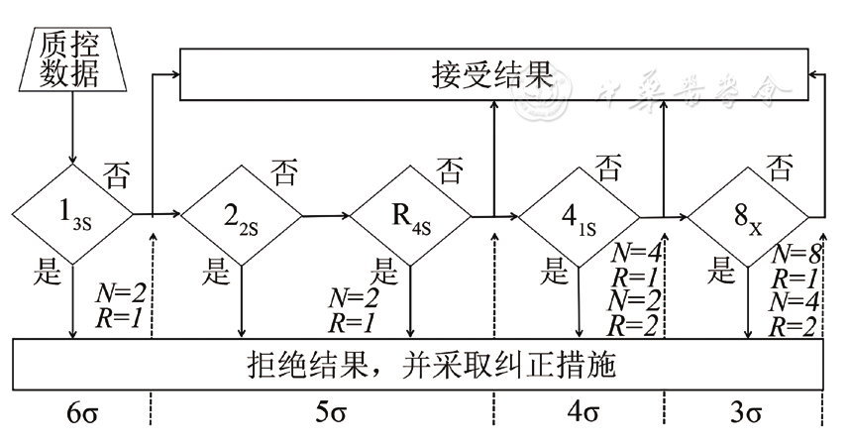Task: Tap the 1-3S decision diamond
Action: pyautogui.click(x=72, y=212)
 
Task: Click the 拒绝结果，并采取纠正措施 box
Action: pyautogui.click(x=416, y=367)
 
